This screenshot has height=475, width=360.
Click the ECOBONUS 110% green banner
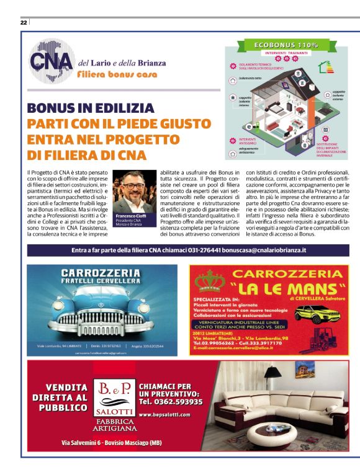click(x=286, y=45)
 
